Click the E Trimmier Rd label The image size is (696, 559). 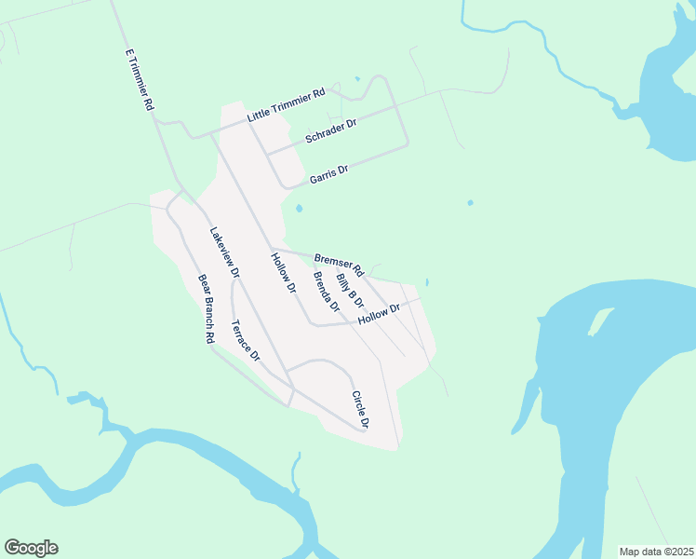coord(138,80)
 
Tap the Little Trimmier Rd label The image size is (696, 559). coord(286,106)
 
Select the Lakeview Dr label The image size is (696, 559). coord(225,253)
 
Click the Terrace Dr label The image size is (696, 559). coord(246,341)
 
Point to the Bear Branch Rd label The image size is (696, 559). coord(206,309)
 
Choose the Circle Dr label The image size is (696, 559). coord(360,410)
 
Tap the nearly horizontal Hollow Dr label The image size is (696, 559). coord(379,314)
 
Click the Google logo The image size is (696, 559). coord(31,548)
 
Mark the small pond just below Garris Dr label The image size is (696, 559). coord(299,209)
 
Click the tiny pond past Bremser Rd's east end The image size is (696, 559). coord(427,282)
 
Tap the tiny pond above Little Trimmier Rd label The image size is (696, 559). coord(356,79)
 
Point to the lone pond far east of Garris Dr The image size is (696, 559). coord(470,202)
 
